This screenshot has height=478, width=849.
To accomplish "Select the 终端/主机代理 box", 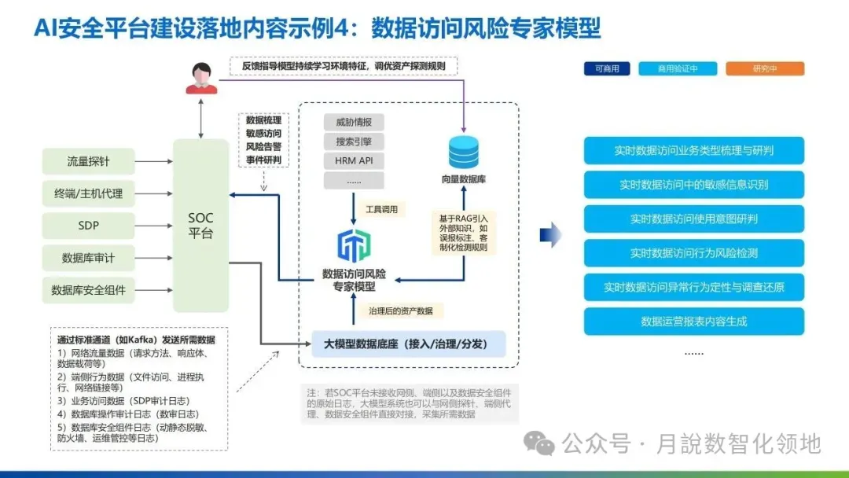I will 88,193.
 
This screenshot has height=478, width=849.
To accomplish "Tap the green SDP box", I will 88,225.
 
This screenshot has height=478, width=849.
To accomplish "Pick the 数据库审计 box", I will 88,257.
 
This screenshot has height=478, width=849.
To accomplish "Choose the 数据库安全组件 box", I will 88,289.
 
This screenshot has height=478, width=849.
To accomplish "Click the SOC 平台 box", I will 200,226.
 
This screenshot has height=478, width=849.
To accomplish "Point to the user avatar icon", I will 201,77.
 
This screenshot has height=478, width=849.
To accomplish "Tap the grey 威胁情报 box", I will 354,123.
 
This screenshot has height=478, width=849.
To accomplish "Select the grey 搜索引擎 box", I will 354,142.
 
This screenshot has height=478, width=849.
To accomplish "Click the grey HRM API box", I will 354,161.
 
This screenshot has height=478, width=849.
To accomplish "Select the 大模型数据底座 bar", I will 408,344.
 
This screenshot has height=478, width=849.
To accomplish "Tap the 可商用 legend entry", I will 607,69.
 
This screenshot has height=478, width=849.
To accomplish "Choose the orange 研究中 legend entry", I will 765,69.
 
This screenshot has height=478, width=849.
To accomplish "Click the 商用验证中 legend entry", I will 678,69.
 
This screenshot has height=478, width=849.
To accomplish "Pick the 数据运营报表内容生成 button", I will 693,321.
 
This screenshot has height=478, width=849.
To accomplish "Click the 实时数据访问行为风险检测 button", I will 693,253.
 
